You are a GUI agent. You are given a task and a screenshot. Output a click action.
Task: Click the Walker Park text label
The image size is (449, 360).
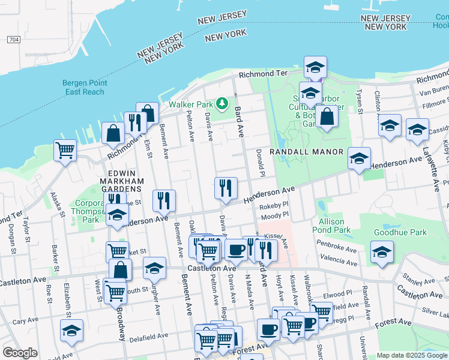point(191,104)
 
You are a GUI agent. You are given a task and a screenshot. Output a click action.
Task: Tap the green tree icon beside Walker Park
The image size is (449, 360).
point(223,104)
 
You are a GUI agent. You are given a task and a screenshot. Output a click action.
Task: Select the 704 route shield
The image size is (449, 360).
point(14,40)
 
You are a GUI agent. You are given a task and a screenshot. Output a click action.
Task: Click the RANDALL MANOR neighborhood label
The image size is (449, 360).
point(306,152)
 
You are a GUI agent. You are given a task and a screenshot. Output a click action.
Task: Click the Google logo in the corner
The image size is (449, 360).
point(20,353)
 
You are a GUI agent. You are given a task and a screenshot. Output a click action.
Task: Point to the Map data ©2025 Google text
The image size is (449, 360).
point(411,355)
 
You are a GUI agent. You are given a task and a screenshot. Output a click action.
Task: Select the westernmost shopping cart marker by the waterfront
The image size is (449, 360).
point(65,150)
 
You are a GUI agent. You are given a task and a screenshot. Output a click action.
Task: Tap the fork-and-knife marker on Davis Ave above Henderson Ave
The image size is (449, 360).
point(226,188)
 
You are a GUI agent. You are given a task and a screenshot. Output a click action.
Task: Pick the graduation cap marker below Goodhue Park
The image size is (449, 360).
point(382,252)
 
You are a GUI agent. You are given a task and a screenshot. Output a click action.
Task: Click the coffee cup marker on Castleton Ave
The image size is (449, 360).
point(236,249)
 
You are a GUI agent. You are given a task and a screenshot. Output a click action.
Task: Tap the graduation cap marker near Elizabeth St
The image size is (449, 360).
point(72,330)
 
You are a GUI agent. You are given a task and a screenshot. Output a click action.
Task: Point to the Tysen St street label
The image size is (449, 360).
point(360,101)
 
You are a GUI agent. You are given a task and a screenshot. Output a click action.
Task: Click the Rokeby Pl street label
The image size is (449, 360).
point(274,206)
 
